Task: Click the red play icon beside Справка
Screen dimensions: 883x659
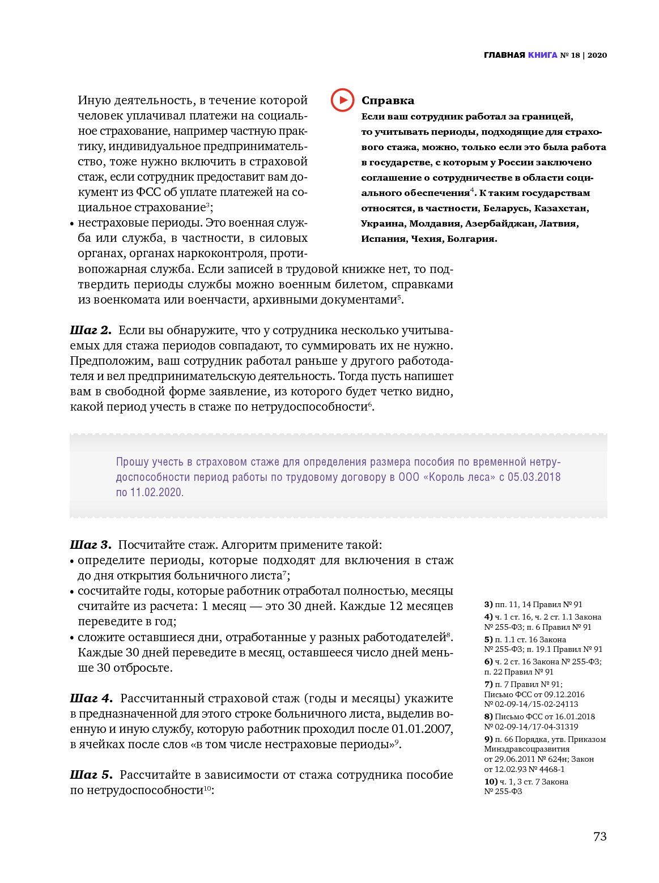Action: point(342,100)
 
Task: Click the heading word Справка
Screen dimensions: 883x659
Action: point(388,101)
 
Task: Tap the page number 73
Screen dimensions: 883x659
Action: point(600,837)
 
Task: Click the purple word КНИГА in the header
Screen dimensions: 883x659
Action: point(543,55)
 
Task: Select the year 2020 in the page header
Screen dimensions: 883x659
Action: point(597,55)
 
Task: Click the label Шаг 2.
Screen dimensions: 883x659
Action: point(91,330)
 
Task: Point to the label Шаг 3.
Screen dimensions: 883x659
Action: point(91,545)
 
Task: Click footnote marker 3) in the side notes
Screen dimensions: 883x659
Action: point(488,604)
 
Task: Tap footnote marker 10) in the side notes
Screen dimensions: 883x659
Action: point(491,782)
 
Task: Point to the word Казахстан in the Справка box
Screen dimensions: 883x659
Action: point(561,208)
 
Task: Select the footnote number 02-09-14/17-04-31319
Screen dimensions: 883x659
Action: point(535,727)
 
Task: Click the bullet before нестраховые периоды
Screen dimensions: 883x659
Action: point(73,224)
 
